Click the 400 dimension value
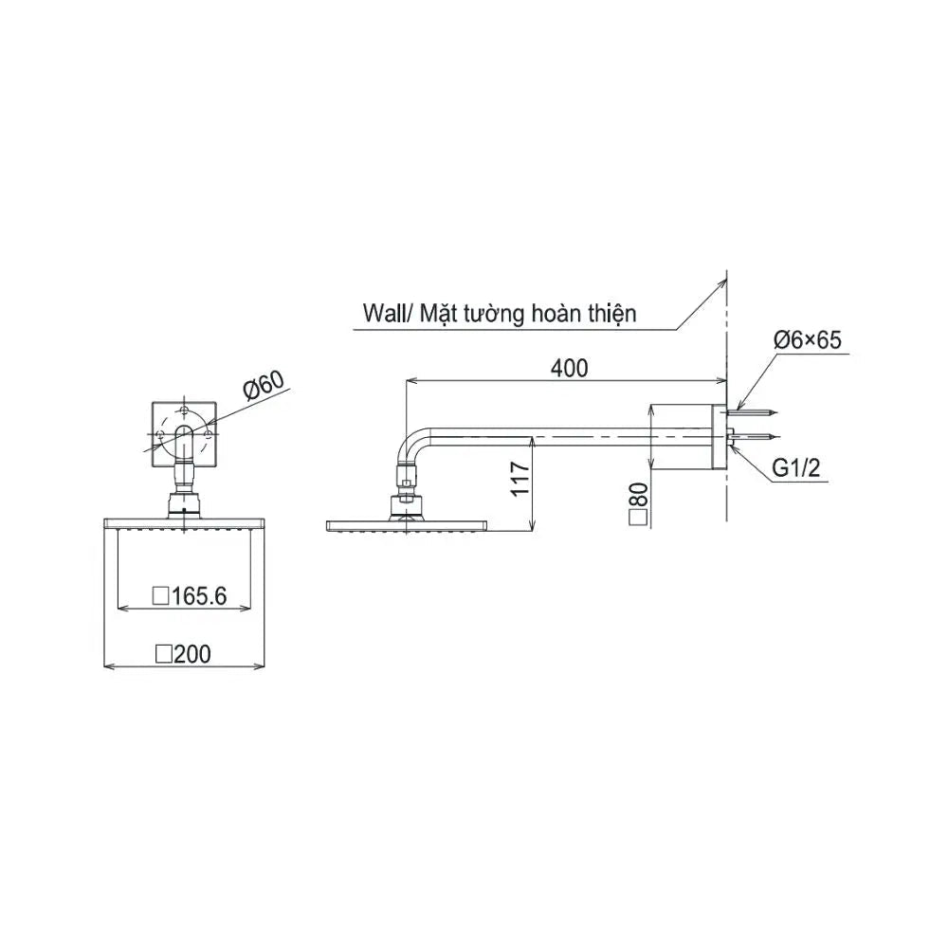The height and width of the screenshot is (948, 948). (569, 368)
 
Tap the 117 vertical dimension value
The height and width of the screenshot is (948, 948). (520, 478)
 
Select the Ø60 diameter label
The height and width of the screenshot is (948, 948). (264, 385)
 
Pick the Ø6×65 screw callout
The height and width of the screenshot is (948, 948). (807, 339)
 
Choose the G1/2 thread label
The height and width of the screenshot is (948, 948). (796, 467)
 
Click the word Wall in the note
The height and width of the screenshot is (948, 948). (382, 314)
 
